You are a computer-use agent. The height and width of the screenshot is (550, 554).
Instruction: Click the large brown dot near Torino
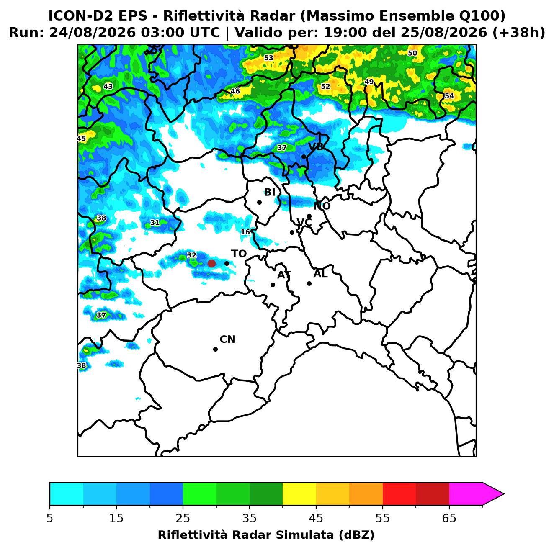(x=211, y=263)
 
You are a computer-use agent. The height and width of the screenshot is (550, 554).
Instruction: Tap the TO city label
(x=239, y=254)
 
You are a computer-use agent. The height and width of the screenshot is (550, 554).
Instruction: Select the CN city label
(x=227, y=339)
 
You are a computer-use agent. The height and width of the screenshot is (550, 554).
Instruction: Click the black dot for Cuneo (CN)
(x=215, y=349)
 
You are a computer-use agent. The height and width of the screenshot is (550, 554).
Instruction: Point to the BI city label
(x=270, y=193)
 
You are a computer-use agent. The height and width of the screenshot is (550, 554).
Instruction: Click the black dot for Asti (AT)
(x=273, y=285)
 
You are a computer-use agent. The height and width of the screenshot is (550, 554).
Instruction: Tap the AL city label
(x=320, y=274)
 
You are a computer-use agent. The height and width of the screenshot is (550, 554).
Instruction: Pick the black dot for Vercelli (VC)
(x=292, y=232)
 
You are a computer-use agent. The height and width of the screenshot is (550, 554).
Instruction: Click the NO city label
(x=322, y=206)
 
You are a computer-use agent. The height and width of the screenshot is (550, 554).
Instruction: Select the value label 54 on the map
(x=449, y=96)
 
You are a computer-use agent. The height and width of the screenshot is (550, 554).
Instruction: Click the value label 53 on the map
(x=268, y=58)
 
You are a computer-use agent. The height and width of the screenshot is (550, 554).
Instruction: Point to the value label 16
(x=245, y=232)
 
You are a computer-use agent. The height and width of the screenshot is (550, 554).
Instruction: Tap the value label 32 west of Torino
(x=191, y=255)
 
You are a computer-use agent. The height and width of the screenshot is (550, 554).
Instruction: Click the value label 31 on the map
(x=155, y=223)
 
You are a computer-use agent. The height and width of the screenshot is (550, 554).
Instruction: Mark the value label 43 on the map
(x=108, y=86)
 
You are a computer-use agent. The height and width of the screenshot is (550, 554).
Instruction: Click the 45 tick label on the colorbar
(x=316, y=518)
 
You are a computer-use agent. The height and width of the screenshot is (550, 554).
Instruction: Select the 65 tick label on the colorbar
(x=449, y=518)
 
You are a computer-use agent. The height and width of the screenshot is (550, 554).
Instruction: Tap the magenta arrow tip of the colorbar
(x=504, y=494)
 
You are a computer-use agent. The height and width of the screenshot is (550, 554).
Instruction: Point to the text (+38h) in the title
(x=519, y=33)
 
